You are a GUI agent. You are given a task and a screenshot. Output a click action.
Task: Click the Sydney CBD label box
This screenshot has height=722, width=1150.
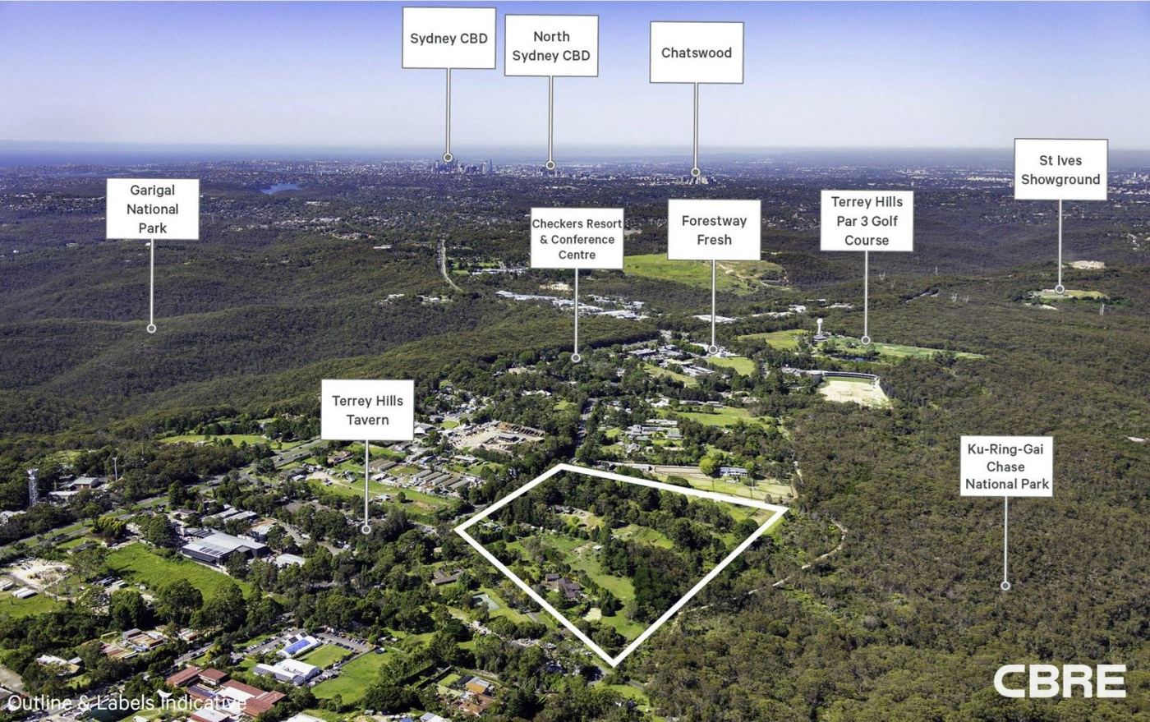coord(448,39)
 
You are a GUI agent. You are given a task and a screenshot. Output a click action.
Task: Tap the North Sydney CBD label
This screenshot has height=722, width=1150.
coord(550,46)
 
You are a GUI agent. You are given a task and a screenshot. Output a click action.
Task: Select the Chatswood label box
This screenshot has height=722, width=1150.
coord(696,53)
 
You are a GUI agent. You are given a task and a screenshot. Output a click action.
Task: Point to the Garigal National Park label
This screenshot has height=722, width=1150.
coord(152,209)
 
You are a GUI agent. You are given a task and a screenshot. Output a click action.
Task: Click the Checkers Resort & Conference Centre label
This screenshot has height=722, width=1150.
coord(577,238)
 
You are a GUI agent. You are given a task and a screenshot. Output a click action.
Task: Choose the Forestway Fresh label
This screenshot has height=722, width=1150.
coord(714,230)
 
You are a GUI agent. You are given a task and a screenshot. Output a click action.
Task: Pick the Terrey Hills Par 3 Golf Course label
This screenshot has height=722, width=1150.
coord(866,221)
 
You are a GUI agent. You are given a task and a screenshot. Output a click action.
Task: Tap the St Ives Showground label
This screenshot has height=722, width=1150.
coord(1060,170)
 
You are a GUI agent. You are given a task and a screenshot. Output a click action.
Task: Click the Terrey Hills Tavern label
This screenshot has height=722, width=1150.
coord(367,410)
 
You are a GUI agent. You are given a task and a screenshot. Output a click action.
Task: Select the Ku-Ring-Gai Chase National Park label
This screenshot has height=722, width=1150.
coord(1006,467)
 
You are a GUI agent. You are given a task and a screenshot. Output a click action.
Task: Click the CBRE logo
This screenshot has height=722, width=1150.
coord(1059,681)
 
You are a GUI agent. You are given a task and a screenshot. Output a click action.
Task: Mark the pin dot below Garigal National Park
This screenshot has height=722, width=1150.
coord(151,329)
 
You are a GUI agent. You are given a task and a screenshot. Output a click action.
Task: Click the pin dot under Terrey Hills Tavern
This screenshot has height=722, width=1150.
coord(366,530)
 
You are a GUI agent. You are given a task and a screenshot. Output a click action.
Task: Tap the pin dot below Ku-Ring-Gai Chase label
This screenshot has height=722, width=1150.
coord(1005,586)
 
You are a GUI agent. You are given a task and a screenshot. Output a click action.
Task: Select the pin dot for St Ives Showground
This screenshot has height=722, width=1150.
coord(1060,289)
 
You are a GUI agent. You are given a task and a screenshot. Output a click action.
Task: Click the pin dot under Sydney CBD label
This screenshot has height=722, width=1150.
coord(448,157)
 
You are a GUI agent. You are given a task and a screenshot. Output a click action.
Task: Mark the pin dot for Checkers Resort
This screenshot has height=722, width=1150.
coord(576,358)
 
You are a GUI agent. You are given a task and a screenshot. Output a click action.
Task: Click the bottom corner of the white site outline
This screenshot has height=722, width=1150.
coord(613,663)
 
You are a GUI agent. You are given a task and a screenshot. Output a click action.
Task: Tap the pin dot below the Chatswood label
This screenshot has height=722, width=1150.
coord(696,172)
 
